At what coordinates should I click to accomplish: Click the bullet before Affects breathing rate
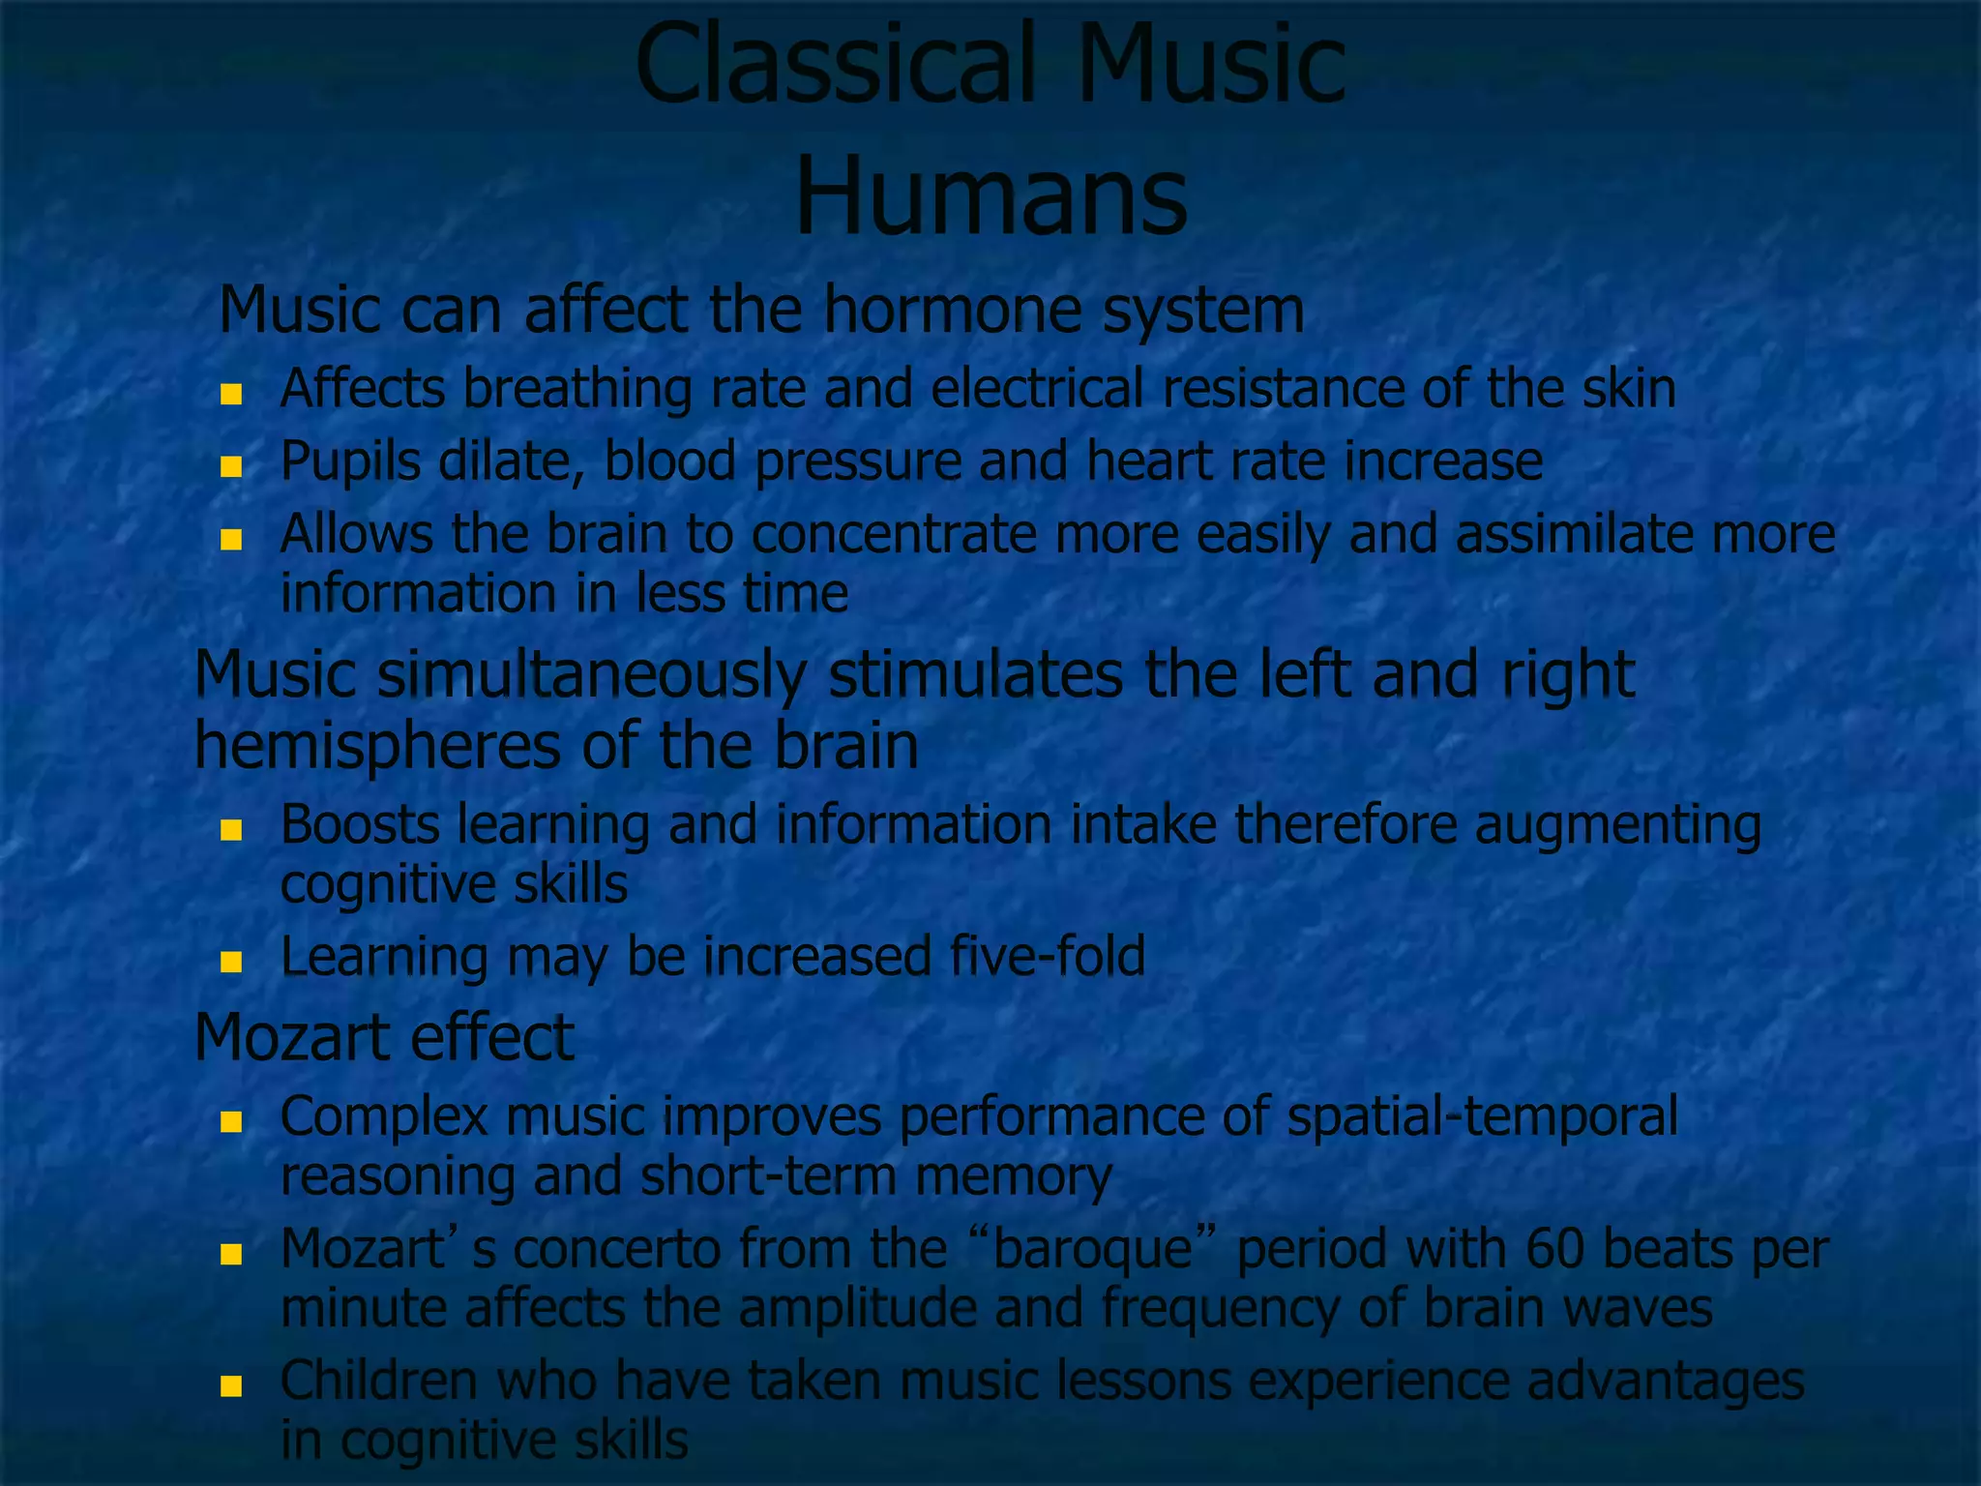coord(230,394)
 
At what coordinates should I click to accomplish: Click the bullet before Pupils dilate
coord(230,467)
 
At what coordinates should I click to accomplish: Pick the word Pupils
coord(350,461)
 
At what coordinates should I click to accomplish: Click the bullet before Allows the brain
coord(230,540)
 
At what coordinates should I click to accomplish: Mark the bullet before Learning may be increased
coord(230,962)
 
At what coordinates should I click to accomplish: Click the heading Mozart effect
coord(384,1037)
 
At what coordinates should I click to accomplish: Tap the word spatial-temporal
coord(1482,1116)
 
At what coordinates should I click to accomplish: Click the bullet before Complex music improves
coord(230,1122)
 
